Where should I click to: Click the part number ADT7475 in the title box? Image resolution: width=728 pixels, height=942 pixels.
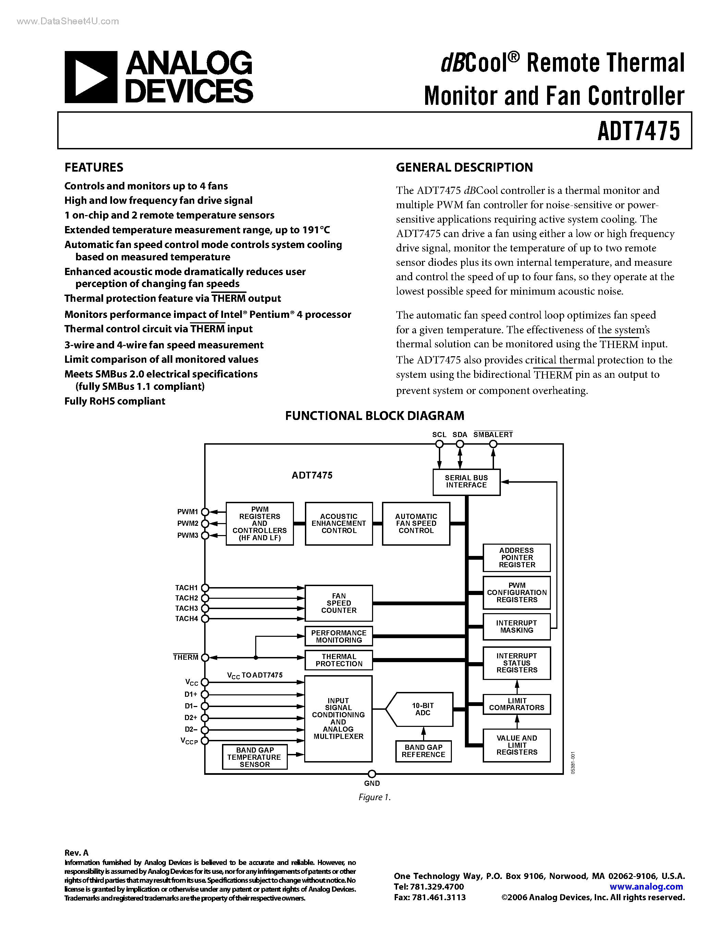click(638, 131)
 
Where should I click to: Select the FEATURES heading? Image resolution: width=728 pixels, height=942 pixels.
click(94, 168)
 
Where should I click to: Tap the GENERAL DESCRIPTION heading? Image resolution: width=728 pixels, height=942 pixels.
click(464, 168)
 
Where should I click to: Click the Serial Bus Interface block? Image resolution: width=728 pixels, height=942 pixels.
click(466, 482)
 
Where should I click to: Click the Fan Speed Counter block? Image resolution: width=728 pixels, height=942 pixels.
click(338, 603)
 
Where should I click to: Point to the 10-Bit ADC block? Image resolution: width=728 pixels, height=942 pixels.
click(423, 709)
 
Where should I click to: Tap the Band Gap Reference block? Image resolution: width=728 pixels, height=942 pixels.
click(423, 751)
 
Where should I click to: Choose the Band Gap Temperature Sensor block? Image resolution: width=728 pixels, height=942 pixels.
click(255, 757)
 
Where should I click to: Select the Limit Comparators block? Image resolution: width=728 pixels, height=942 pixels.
click(516, 704)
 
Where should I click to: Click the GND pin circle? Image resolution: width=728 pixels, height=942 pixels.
click(372, 774)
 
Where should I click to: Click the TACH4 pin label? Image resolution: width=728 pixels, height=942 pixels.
click(186, 619)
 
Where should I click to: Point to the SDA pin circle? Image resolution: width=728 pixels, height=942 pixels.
click(460, 444)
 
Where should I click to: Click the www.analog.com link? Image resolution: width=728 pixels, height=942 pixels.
click(646, 887)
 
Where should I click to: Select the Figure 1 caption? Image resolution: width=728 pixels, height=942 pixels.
click(374, 797)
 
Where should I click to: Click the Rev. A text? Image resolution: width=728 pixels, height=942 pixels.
click(76, 853)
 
